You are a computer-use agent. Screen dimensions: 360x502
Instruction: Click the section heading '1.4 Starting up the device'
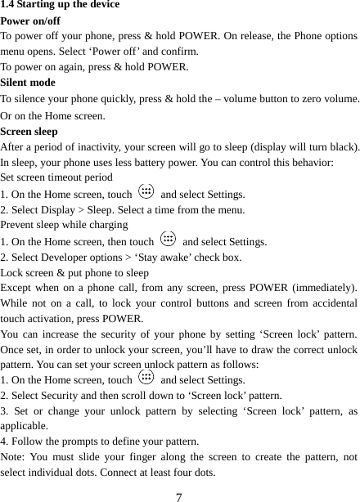[x=60, y=5]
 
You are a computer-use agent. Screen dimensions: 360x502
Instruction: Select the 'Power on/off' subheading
[x=30, y=20]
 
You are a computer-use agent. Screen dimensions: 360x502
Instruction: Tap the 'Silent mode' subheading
[x=29, y=83]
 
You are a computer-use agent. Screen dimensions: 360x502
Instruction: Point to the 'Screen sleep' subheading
[x=29, y=131]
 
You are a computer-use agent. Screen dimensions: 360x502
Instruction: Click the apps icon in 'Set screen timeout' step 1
[x=146, y=193]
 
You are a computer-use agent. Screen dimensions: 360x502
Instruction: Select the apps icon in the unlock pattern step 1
[x=146, y=379]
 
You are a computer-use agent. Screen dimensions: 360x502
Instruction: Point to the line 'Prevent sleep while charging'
[x=63, y=225]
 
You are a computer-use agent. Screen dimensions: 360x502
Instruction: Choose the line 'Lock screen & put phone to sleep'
[x=74, y=272]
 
